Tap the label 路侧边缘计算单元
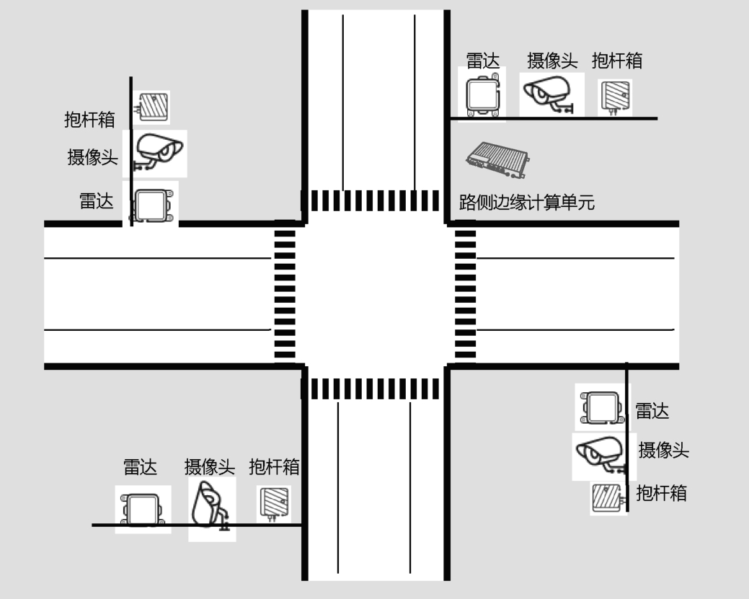tap(527, 203)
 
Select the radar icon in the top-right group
tap(482, 94)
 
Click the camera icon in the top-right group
tap(547, 94)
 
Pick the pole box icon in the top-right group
tap(616, 97)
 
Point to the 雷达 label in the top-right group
tap(482, 61)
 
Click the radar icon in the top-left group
tap(153, 205)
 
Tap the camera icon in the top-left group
tap(157, 152)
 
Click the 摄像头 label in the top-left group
tap(93, 157)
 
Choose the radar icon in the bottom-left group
tap(143, 509)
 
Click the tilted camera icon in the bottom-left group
tap(210, 507)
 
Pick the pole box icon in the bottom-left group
tap(274, 503)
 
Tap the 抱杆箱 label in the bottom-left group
tap(274, 467)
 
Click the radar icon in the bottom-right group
tap(602, 407)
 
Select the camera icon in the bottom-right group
tap(601, 454)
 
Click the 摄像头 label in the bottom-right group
tap(663, 451)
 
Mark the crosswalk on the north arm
tap(375, 200)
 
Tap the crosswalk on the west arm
tap(285, 294)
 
